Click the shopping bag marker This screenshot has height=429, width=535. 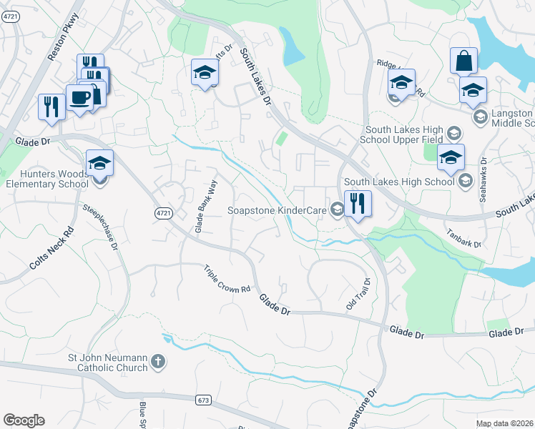pos(463,61)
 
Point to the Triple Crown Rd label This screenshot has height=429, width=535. pos(227,280)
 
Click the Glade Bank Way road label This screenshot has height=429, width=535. pos(206,206)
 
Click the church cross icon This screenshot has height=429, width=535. pos(159,363)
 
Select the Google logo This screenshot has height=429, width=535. pos(24,420)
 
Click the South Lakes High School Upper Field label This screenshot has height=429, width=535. pos(404,134)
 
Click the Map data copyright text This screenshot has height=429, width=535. pos(504,423)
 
